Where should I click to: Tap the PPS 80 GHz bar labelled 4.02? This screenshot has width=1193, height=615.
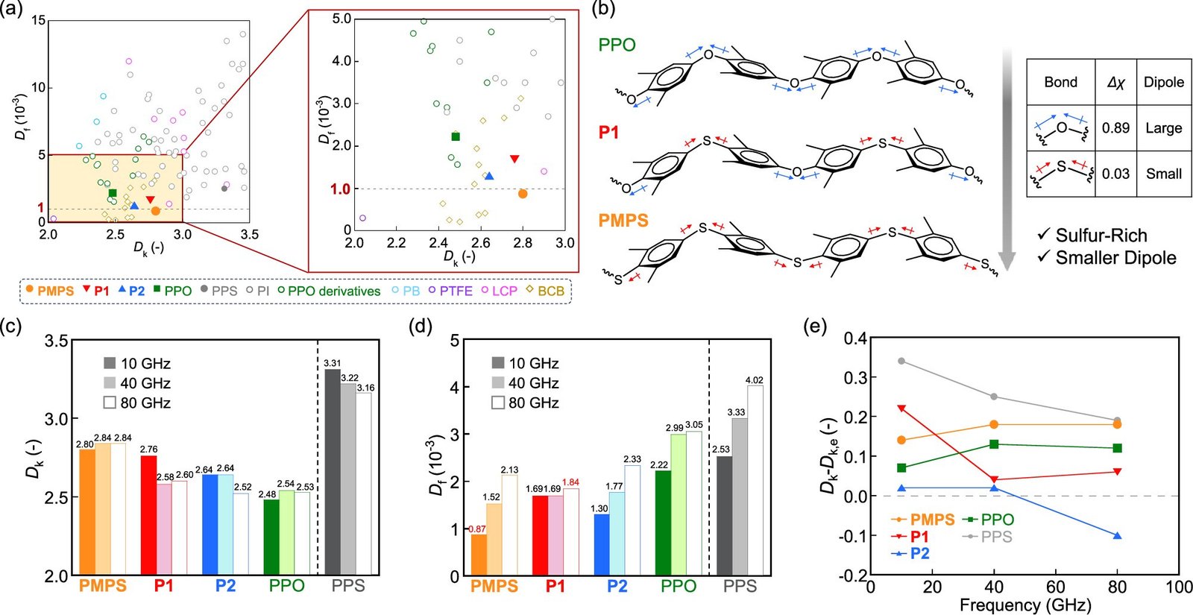tap(755, 481)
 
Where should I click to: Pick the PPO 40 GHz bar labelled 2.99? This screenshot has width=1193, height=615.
tap(679, 505)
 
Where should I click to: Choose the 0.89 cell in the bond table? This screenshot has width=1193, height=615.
tap(1115, 127)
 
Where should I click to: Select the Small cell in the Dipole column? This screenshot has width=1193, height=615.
tap(1163, 174)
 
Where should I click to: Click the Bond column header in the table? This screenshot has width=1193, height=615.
tap(1060, 82)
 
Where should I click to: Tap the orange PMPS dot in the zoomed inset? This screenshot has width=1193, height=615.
tap(523, 194)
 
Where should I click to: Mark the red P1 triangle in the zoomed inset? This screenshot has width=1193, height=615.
tap(514, 159)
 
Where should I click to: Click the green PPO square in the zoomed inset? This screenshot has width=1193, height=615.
tap(456, 136)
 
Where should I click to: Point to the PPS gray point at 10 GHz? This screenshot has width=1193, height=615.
tap(901, 361)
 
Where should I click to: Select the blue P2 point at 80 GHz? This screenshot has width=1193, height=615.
tap(1117, 535)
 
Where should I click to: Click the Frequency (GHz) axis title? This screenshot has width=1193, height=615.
tap(1024, 605)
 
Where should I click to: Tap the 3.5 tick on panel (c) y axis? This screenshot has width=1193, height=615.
tap(57, 341)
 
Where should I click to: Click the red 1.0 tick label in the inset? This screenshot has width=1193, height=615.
tap(341, 189)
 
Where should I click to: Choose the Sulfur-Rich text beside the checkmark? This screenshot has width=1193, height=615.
tap(1101, 236)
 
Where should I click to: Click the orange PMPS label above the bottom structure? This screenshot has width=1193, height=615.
tap(623, 221)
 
